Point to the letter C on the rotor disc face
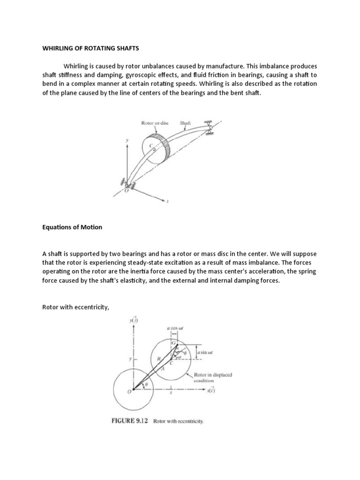150,146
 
